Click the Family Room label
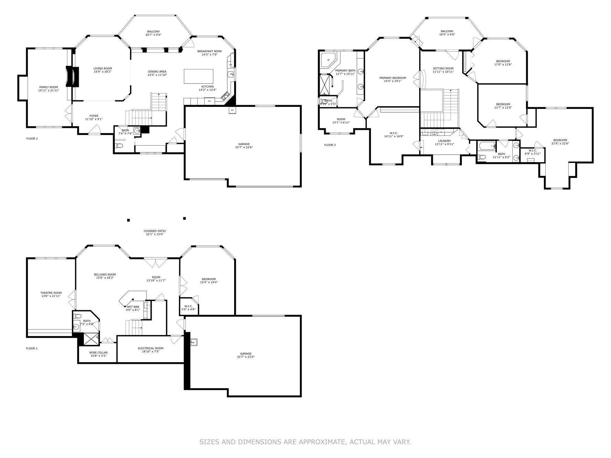[x=48, y=87]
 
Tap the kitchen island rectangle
[x=198, y=76]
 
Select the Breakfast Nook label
[x=209, y=51]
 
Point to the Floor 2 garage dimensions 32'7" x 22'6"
[x=244, y=147]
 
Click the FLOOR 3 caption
[x=330, y=145]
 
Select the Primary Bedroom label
[x=392, y=78]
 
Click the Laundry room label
[x=444, y=141]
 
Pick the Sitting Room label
[x=443, y=68]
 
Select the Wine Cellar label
[x=98, y=353]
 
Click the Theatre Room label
[x=51, y=293]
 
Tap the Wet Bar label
[x=133, y=306]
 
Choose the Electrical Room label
[x=151, y=348]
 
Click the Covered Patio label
[x=154, y=231]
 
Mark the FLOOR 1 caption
[x=32, y=348]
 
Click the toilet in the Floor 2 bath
[x=119, y=146]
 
